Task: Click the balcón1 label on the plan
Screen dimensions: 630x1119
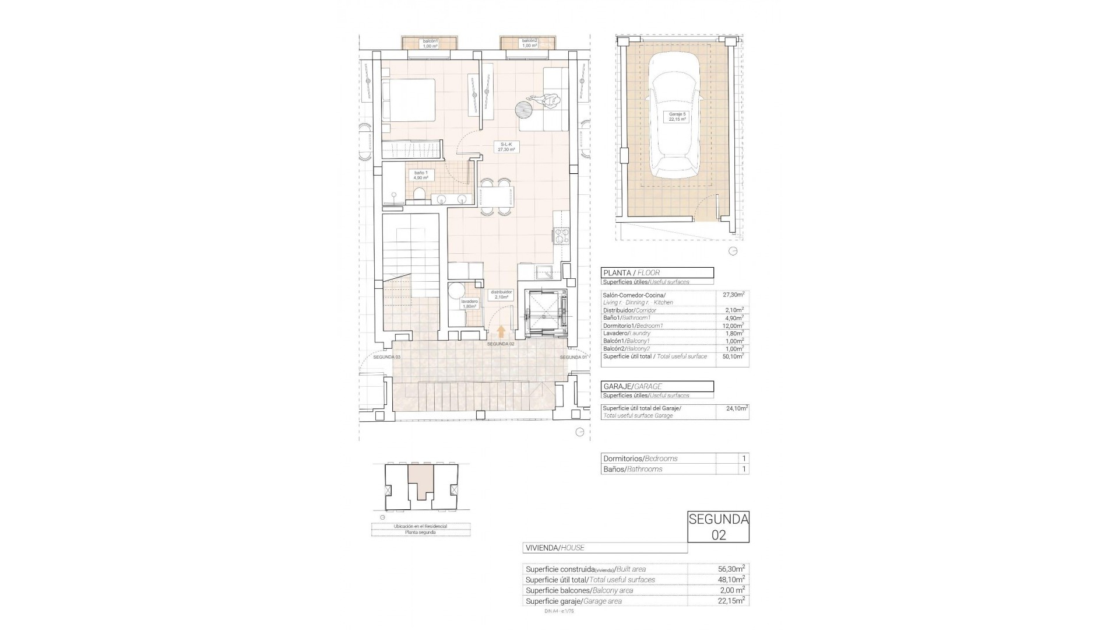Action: click(430, 43)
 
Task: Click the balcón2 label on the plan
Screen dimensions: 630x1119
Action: click(529, 43)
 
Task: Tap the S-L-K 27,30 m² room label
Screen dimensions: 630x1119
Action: click(505, 146)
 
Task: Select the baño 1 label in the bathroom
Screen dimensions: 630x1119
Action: click(421, 175)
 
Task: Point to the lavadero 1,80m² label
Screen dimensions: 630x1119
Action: click(470, 304)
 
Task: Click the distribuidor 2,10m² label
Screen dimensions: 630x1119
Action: click(501, 294)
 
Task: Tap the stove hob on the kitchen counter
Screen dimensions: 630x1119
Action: click(561, 236)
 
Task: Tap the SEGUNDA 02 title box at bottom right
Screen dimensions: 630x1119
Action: click(718, 527)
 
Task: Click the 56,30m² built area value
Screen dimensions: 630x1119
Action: click(731, 569)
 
